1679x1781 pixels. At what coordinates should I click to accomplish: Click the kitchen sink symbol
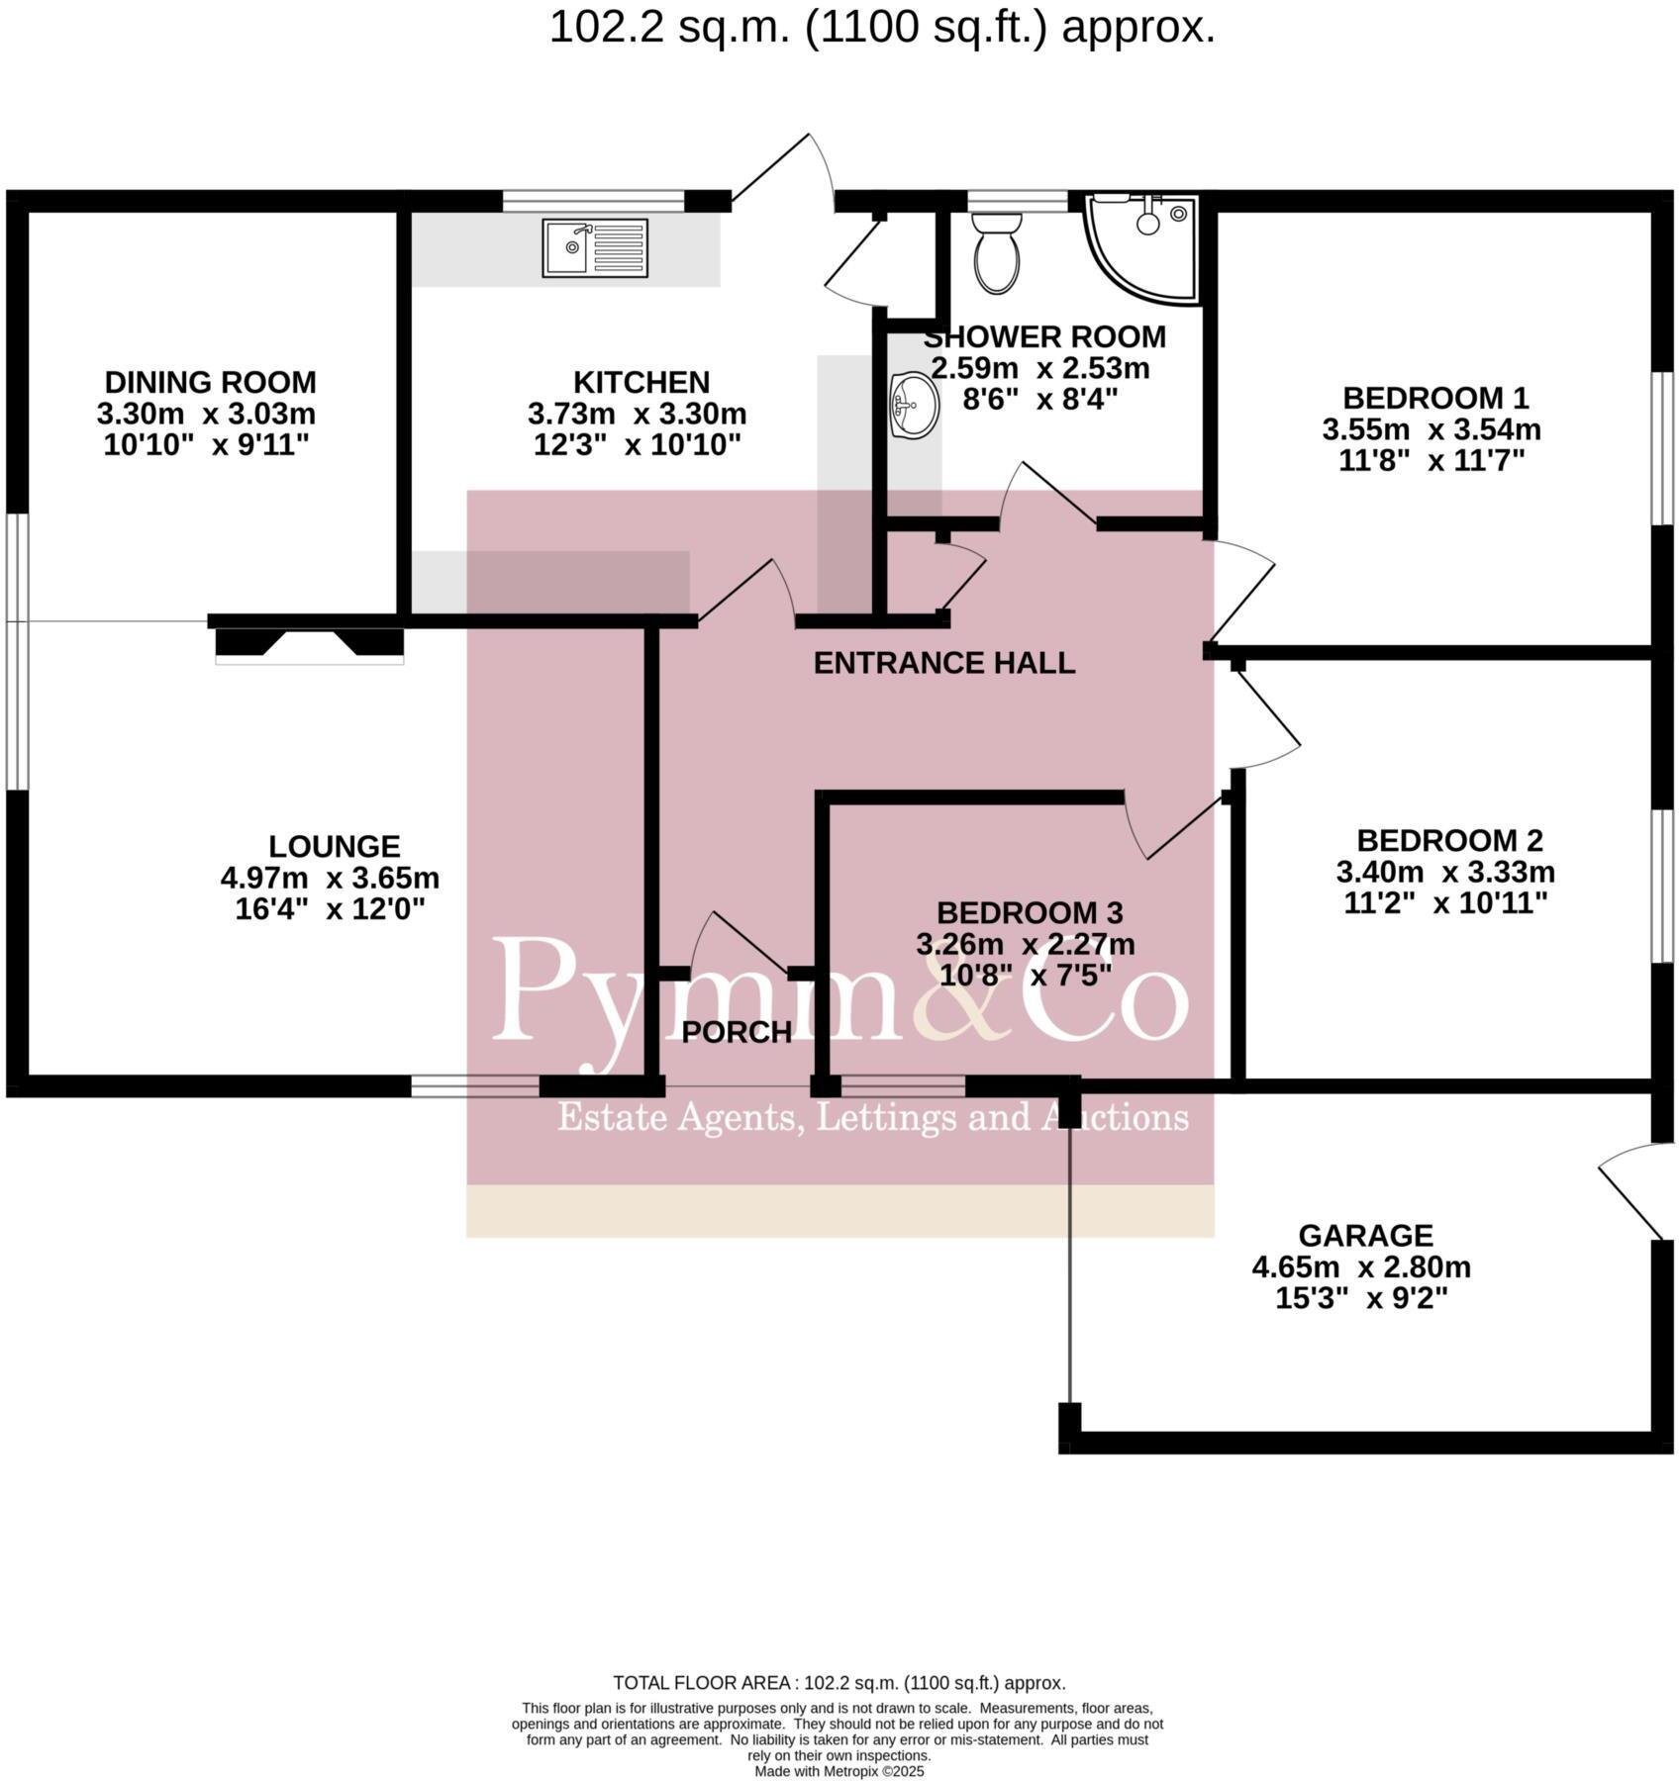point(595,248)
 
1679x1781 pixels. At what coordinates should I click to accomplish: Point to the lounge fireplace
point(309,644)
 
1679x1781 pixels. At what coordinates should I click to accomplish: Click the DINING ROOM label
point(210,382)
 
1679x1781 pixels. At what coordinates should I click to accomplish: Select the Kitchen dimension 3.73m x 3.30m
point(637,414)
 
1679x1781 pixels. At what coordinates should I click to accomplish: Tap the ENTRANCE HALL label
point(943,663)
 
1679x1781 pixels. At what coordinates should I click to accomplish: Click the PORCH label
point(737,1033)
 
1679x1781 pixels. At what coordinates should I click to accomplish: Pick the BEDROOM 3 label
point(1030,912)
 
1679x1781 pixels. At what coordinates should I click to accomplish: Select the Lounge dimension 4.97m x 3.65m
point(330,878)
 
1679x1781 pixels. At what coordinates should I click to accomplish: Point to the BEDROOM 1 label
point(1434,398)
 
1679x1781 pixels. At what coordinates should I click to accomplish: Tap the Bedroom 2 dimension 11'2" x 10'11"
point(1444,903)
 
